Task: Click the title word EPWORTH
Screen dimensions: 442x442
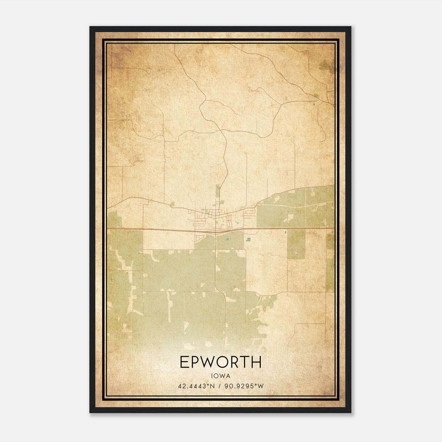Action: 220,362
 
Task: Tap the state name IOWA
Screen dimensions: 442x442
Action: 220,376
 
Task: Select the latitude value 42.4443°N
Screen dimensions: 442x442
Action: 196,386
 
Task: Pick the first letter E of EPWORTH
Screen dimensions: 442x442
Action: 184,362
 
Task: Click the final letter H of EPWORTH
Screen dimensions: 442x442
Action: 257,362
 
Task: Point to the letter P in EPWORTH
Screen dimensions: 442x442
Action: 195,362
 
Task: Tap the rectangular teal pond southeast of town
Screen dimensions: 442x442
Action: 249,239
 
